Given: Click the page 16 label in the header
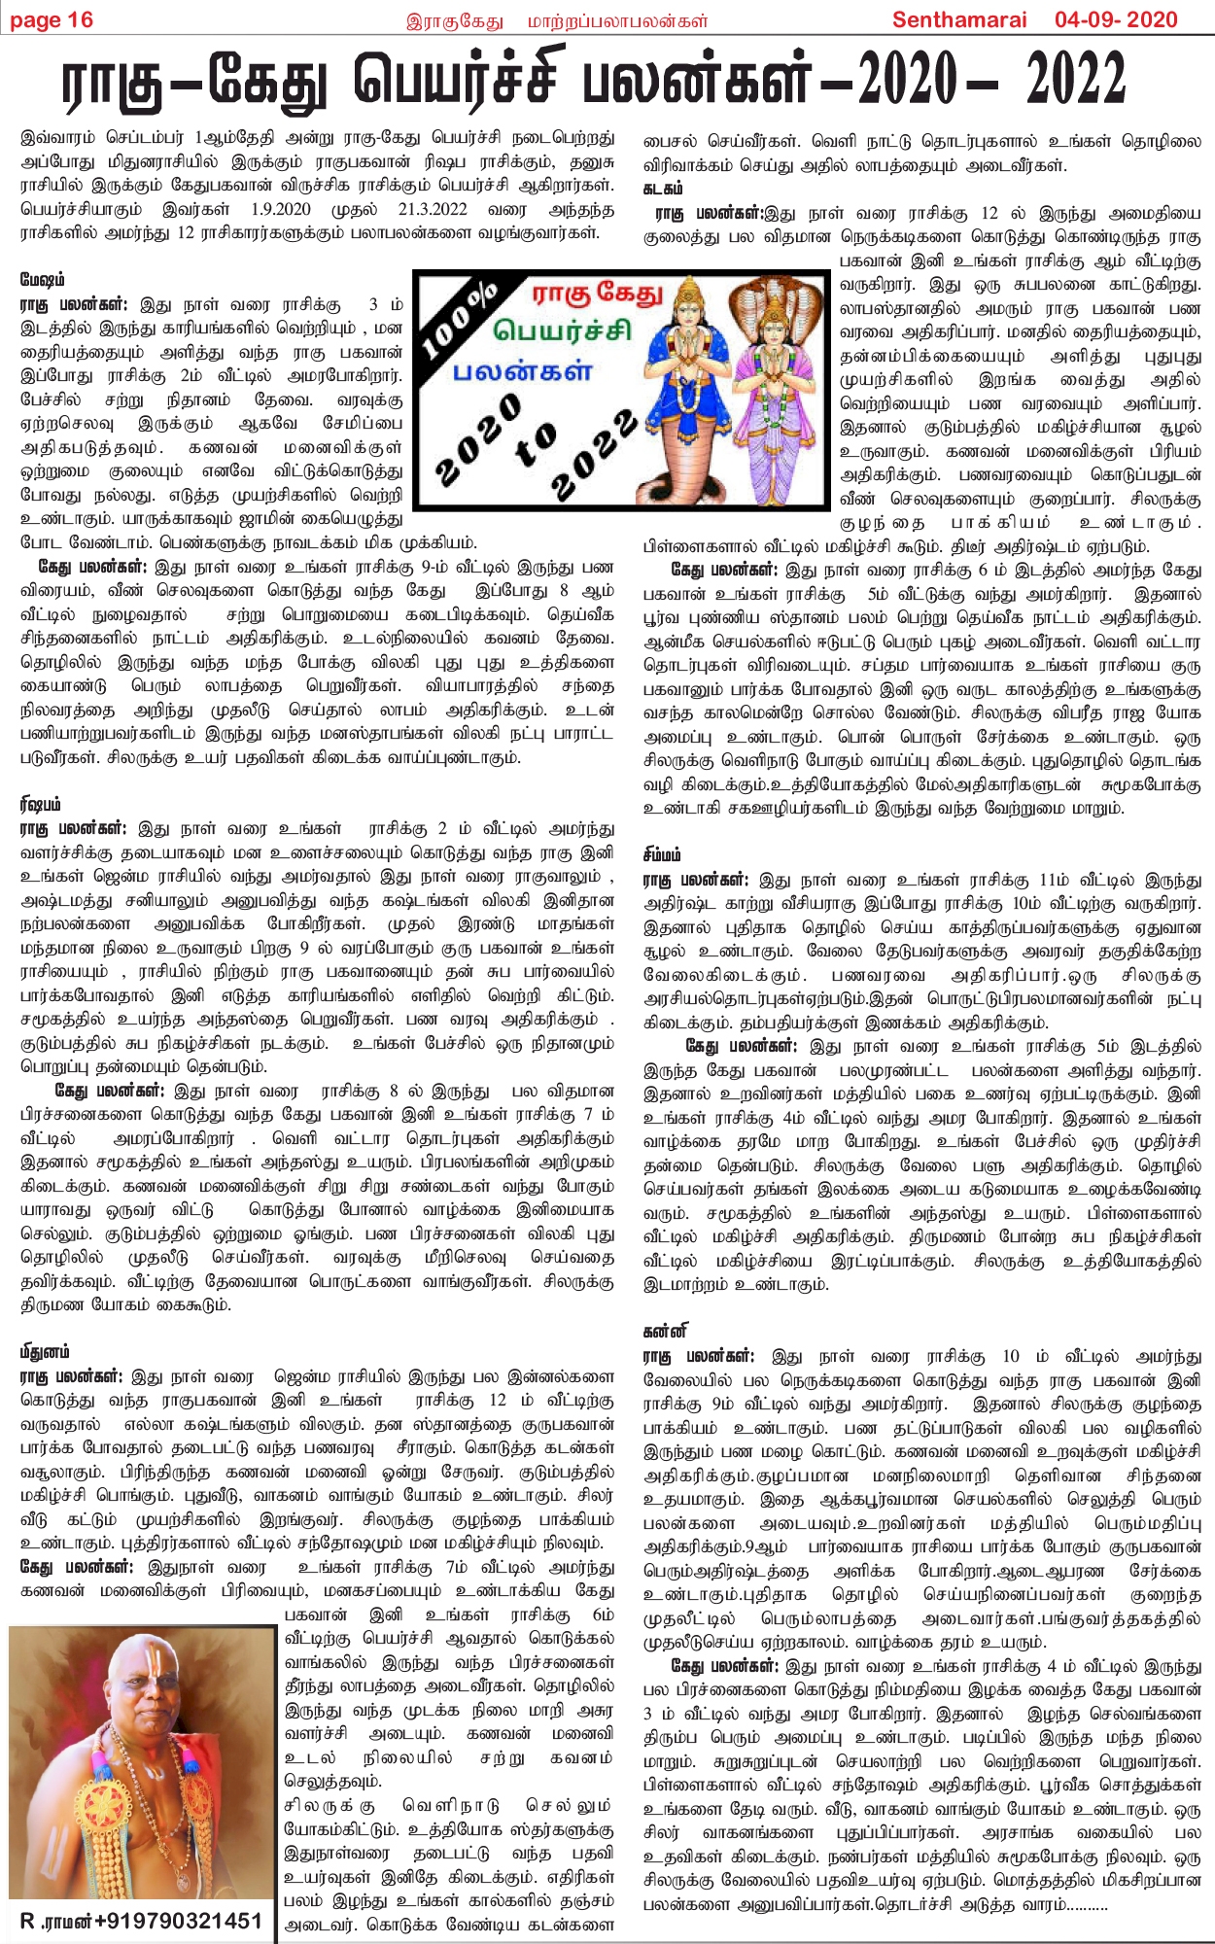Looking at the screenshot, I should [x=52, y=19].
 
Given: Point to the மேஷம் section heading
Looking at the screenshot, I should [x=43, y=280].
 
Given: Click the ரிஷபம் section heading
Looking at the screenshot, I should [x=41, y=804].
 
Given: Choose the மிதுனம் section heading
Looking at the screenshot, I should [x=45, y=1352].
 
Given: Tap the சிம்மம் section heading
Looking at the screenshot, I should [x=662, y=855].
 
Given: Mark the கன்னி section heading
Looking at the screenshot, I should [x=665, y=1331].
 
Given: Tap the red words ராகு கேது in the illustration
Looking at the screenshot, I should [x=597, y=294].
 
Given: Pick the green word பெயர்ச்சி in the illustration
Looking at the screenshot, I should [x=562, y=331].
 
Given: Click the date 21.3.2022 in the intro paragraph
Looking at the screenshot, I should [x=433, y=209].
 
